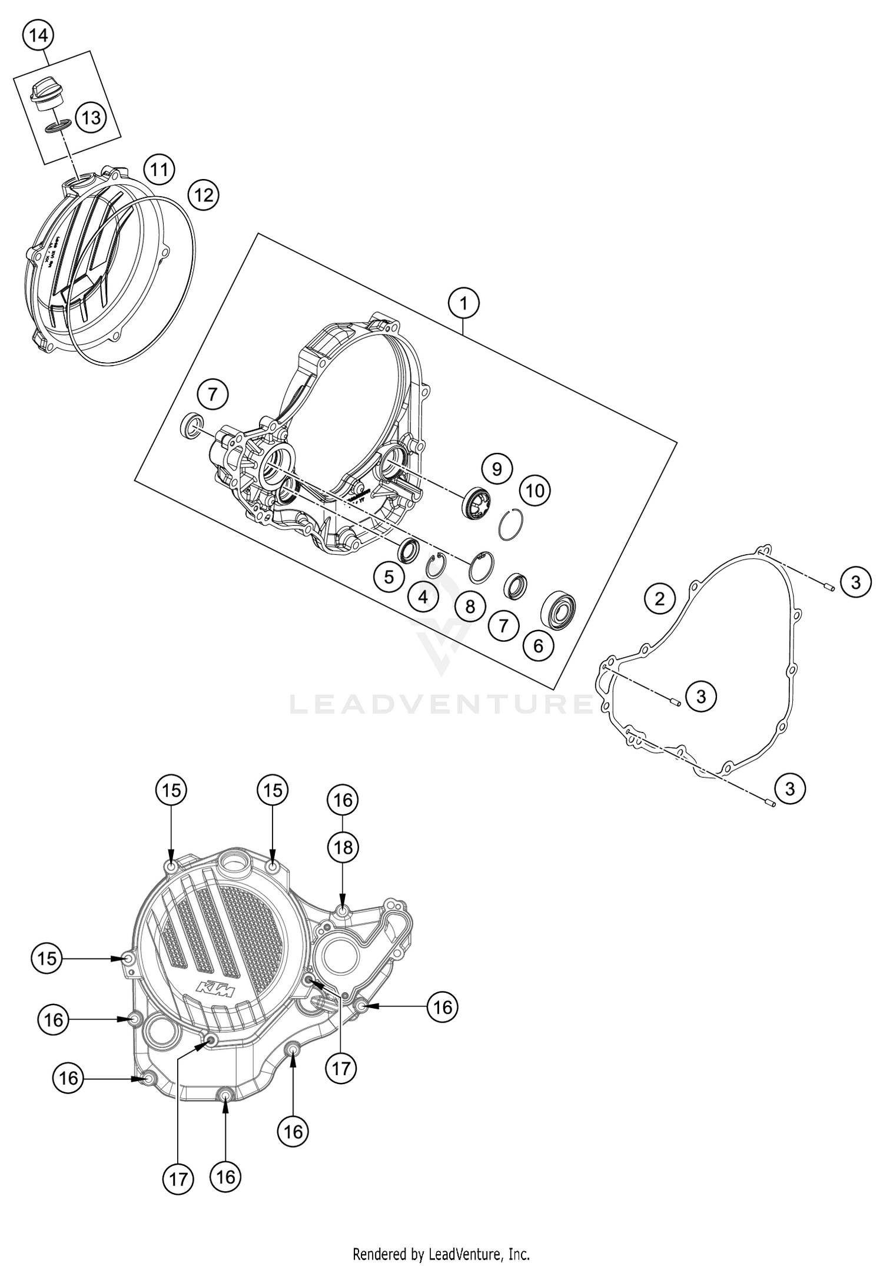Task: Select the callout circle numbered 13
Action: point(91,118)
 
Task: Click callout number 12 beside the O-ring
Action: point(203,194)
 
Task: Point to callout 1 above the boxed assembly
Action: point(463,304)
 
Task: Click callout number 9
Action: point(497,469)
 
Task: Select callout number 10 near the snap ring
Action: point(535,491)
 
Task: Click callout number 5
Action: point(389,576)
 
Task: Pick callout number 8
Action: point(470,606)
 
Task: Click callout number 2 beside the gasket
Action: point(659,599)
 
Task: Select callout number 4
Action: point(423,598)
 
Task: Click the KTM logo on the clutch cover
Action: point(215,990)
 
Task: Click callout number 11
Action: point(158,170)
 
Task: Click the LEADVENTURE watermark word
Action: point(441,704)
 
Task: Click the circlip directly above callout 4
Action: point(436,565)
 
